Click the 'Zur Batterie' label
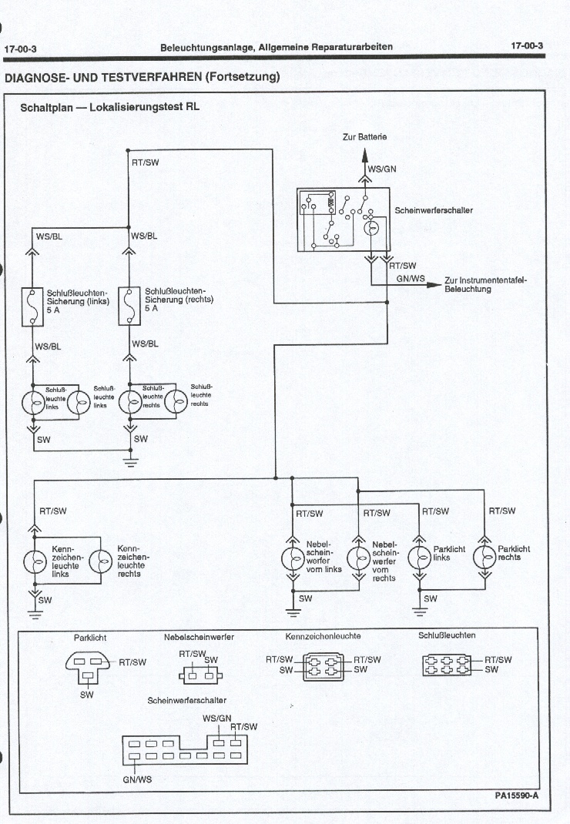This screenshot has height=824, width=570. pos(364,137)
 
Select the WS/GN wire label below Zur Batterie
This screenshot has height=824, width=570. pos(382,169)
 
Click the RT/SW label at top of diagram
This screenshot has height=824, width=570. pos(146,162)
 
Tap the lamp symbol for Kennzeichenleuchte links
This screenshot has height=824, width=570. pos(35,561)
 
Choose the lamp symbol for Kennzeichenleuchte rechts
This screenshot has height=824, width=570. pos(101,561)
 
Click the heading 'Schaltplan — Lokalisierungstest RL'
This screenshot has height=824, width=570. pos(109,108)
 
